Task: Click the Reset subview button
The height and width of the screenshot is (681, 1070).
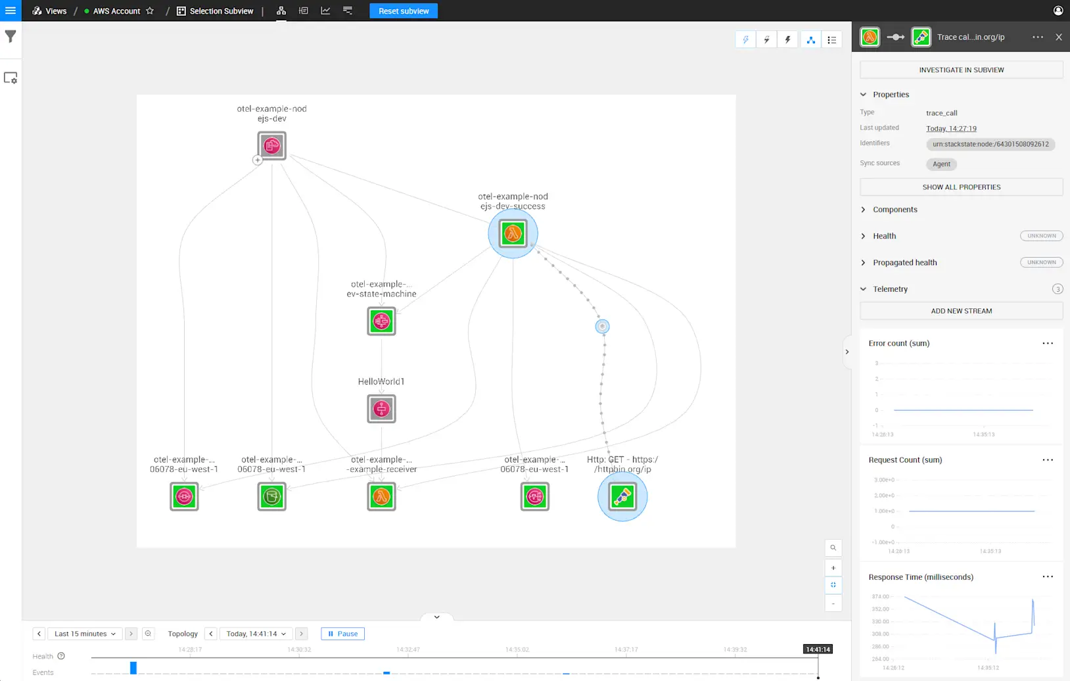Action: [x=404, y=11]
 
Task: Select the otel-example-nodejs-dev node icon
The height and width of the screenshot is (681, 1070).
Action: [x=271, y=145]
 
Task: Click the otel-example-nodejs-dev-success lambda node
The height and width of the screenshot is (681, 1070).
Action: [x=513, y=233]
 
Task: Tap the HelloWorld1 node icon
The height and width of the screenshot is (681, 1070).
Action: [x=381, y=409]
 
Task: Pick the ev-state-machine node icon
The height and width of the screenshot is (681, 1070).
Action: [x=381, y=321]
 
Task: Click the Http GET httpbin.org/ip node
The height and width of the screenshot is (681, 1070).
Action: [x=622, y=496]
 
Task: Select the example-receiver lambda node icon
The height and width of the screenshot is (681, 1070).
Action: [x=381, y=496]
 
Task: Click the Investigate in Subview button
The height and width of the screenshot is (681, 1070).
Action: [x=961, y=70]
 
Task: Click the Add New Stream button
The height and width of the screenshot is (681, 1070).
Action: [x=961, y=311]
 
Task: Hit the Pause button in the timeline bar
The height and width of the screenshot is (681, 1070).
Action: [x=342, y=634]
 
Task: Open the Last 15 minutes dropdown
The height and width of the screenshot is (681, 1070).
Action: [x=85, y=634]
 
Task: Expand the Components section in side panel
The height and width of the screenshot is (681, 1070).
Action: [x=895, y=210]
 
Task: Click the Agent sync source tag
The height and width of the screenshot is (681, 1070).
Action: [x=941, y=164]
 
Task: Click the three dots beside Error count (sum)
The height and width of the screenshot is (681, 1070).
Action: [x=1048, y=343]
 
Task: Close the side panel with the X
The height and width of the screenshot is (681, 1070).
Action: [x=1058, y=37]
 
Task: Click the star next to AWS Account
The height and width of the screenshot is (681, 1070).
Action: [x=150, y=11]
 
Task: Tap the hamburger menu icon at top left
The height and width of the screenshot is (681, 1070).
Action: [x=11, y=11]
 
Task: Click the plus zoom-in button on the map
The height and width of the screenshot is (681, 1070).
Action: [x=833, y=568]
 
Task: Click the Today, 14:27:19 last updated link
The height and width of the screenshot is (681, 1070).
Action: [x=951, y=129]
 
